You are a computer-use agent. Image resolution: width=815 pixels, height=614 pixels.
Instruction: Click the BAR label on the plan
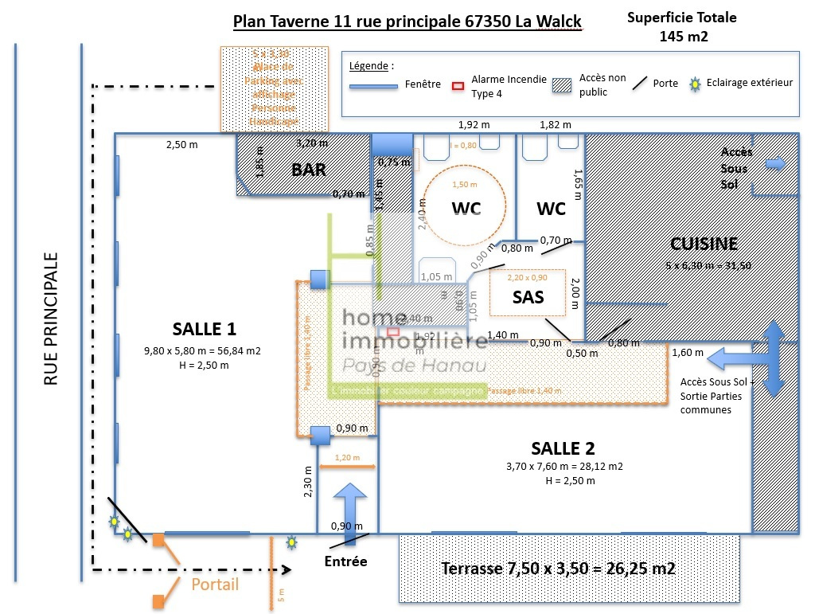click(x=309, y=169)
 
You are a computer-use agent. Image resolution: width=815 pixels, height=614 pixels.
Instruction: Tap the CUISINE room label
click(x=704, y=244)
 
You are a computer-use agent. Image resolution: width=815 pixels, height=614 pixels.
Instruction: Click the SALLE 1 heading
click(x=204, y=329)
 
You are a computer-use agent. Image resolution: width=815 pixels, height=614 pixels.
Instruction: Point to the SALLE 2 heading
click(x=563, y=448)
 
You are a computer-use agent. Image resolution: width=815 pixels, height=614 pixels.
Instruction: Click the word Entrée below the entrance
click(x=346, y=561)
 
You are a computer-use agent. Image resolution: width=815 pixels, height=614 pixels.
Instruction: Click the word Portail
click(x=215, y=585)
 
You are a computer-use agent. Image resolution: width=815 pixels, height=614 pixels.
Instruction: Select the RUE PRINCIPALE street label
click(x=52, y=320)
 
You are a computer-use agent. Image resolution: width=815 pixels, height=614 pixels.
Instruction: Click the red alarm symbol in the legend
click(x=457, y=84)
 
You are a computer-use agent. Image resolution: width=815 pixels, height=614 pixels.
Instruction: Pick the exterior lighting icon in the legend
click(x=693, y=83)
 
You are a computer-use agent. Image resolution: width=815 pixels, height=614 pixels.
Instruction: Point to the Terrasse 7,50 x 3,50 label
click(x=558, y=569)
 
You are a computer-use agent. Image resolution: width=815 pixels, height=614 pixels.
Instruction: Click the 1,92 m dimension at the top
click(x=473, y=124)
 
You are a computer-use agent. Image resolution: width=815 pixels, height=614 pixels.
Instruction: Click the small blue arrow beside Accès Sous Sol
click(x=774, y=164)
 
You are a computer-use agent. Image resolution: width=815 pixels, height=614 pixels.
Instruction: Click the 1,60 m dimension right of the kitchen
click(x=687, y=352)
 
